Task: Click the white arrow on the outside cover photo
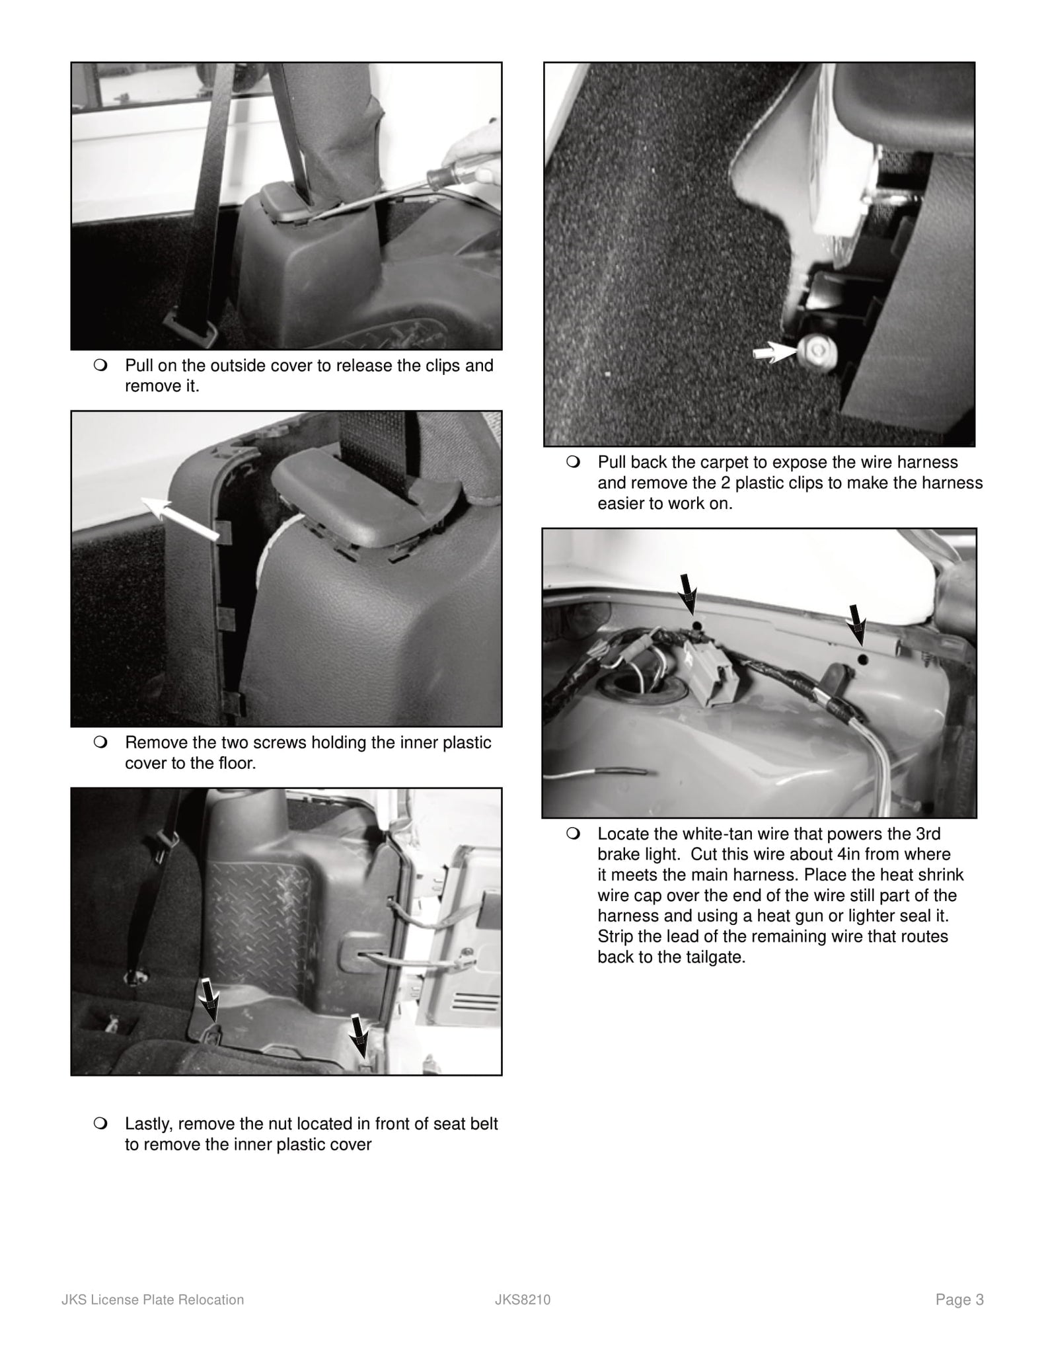180,518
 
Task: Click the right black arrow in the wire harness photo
857,622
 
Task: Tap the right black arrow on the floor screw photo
359,1033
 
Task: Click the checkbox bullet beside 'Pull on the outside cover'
100,366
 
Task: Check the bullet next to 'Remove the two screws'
100,742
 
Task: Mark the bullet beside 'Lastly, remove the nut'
100,1123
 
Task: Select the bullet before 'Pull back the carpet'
573,462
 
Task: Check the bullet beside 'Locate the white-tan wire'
573,834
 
